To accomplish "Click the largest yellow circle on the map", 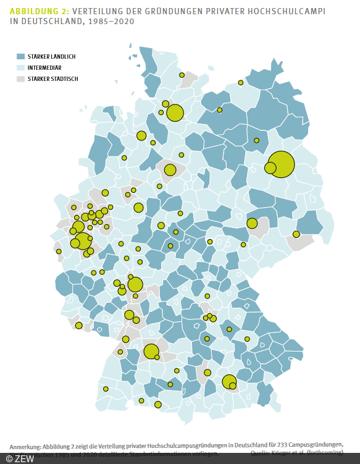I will pos(281,164).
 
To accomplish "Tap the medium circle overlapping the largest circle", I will pos(270,167).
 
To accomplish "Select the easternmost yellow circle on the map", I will pos(296,234).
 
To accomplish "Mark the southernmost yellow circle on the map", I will pos(158,405).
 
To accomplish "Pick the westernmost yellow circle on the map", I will pos(59,251).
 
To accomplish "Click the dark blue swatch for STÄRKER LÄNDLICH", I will pos(20,56).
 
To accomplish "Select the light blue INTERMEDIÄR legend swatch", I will pos(20,67).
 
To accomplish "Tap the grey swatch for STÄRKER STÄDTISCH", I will pos(20,78).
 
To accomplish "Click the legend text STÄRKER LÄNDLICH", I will pos(51,56).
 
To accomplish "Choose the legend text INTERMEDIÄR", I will pos(44,67).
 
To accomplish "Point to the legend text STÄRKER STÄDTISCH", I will pos(52,78).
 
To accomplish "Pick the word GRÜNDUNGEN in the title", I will pos(170,11).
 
